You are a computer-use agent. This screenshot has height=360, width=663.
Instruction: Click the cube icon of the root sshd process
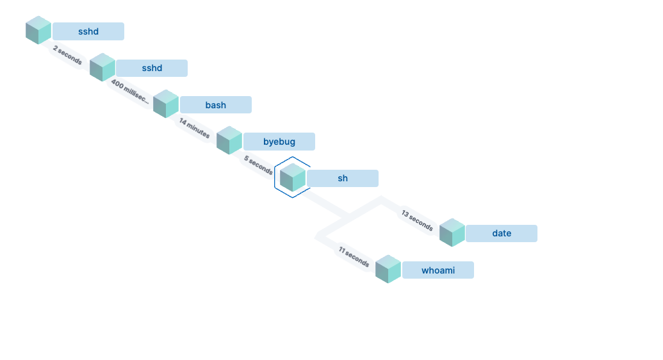pos(38,31)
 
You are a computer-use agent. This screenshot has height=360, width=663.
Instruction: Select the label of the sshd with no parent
pos(88,31)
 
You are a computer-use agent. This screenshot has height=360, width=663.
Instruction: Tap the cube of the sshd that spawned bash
pos(102,67)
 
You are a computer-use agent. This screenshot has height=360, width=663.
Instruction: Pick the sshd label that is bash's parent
pos(152,68)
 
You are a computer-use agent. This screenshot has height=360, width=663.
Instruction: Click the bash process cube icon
pos(165,104)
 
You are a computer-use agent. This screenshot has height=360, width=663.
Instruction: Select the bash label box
pos(215,104)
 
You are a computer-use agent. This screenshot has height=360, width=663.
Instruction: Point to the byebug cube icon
pos(229,140)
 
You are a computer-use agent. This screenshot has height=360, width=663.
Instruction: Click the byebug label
pos(279,141)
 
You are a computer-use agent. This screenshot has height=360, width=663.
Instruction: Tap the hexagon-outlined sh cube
pos(293,177)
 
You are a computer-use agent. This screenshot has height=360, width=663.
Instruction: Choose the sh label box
pos(343,178)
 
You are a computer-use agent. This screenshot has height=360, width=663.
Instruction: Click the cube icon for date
pos(452,233)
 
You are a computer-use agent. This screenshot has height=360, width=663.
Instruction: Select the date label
pos(502,233)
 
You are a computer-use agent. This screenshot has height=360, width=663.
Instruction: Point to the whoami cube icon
pos(388,269)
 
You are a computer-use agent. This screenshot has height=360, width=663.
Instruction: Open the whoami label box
pos(438,270)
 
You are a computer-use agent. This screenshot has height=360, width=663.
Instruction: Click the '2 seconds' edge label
pos(67,55)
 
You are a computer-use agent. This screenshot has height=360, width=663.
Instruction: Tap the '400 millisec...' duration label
pos(130,92)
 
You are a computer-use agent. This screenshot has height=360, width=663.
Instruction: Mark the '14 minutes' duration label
pos(194,128)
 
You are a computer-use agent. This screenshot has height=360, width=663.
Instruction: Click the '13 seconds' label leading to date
pos(417,220)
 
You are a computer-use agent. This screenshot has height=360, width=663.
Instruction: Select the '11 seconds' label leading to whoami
pos(354,256)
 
